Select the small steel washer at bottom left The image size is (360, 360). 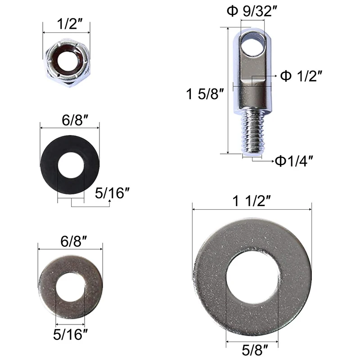46,287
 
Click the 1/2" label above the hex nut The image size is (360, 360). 70,24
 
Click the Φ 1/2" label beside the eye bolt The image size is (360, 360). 301,76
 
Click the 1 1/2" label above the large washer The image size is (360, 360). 252,201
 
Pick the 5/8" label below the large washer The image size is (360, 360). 255,350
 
